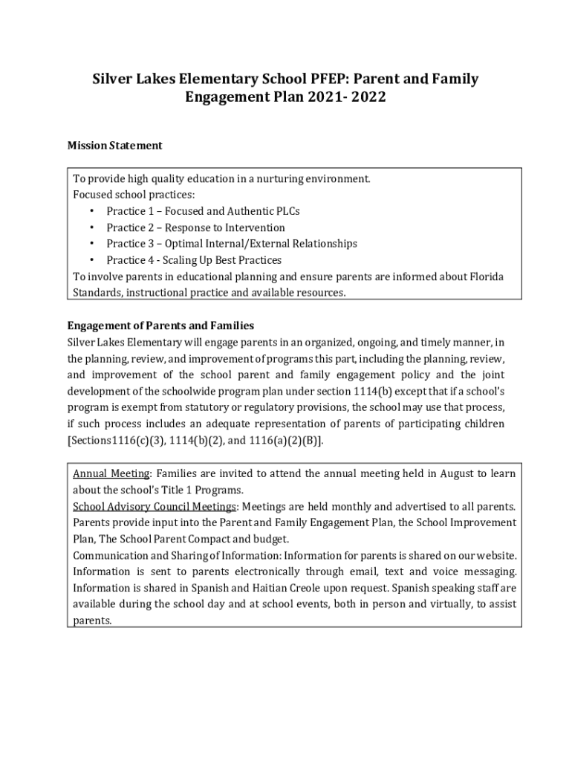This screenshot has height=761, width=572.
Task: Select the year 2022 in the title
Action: (367, 97)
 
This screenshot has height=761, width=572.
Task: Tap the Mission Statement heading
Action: (114, 146)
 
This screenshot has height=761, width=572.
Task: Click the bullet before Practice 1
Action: (91, 211)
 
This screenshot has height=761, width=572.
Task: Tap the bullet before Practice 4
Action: (91, 260)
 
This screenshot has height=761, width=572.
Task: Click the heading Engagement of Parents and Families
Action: (160, 326)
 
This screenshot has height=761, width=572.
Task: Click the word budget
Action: (273, 539)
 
